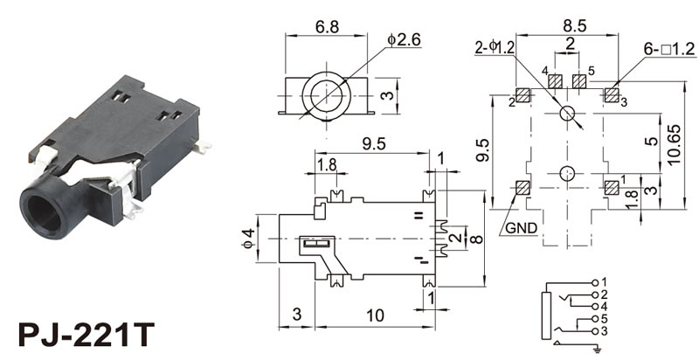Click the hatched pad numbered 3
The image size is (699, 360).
pos(611,94)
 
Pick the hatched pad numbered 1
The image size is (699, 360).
pos(611,186)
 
